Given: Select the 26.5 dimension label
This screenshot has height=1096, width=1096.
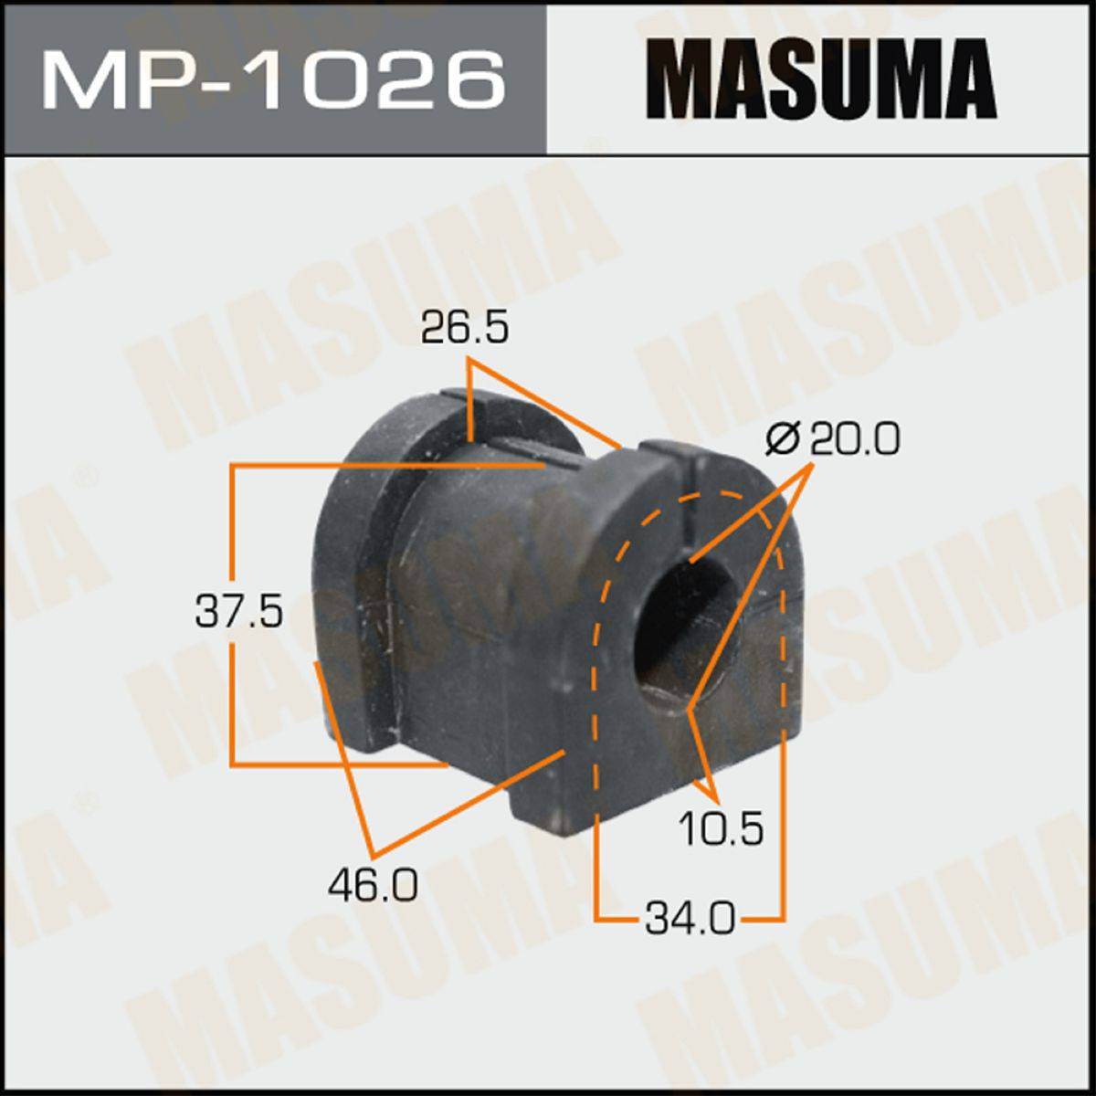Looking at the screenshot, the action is (x=465, y=328).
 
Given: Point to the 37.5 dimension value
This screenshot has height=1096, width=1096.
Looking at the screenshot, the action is (x=239, y=611).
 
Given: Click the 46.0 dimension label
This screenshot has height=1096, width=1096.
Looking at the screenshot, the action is (x=374, y=884).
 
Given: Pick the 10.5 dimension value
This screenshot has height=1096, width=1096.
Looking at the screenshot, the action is (x=722, y=828).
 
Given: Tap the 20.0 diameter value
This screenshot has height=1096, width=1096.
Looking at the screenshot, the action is (x=855, y=439).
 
